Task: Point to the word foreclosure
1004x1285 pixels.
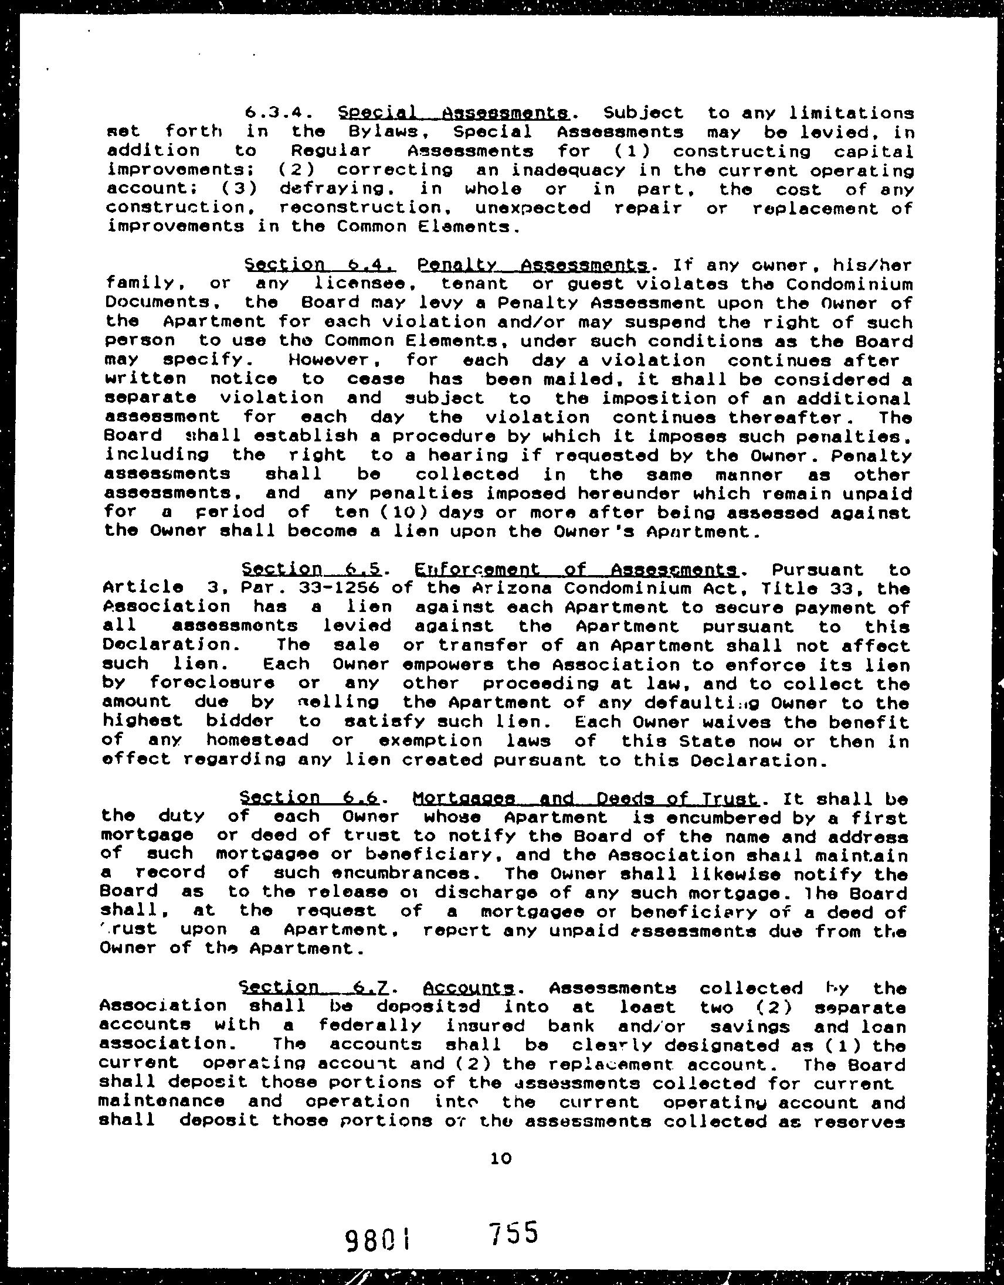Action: (x=212, y=684)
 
